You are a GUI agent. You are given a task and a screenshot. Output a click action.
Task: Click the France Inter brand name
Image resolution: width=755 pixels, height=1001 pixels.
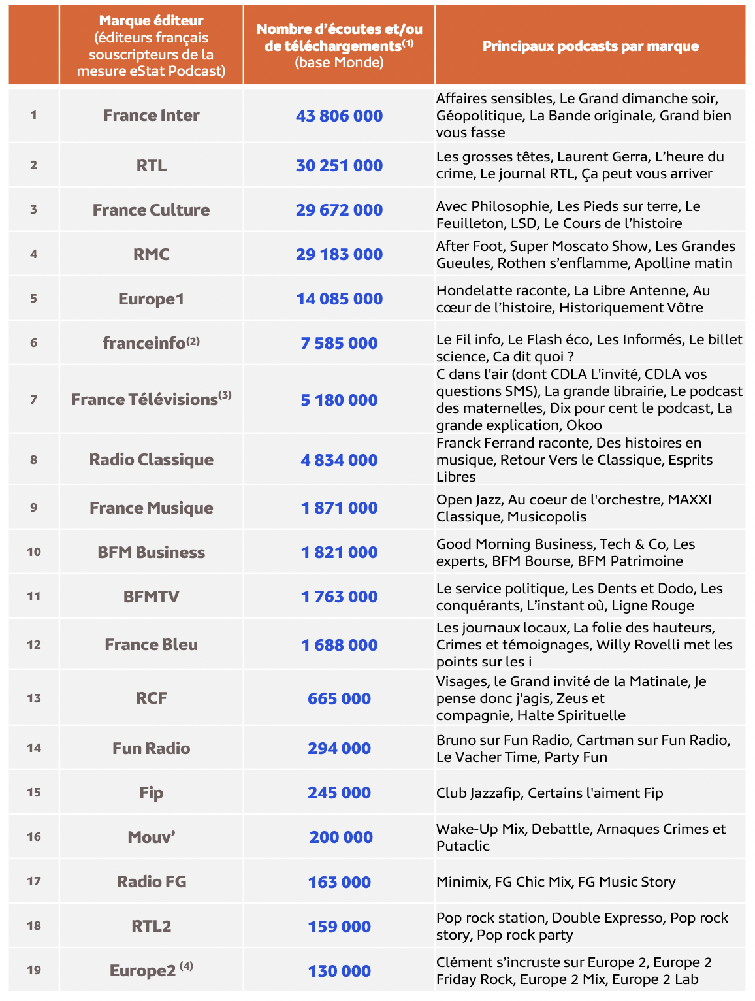151,116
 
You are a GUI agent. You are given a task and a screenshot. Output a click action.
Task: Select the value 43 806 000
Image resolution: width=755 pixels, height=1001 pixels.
339,116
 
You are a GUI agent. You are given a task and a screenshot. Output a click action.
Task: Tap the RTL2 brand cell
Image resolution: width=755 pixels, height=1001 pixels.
151,926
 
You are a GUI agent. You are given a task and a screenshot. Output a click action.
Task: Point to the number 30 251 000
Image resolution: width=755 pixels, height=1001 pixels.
339,166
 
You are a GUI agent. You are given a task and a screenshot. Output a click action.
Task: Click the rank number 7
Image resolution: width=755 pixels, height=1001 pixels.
33,399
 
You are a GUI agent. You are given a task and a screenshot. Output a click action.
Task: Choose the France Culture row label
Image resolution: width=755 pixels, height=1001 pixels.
151,210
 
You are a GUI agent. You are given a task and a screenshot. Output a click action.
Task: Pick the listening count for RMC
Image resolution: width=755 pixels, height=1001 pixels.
339,255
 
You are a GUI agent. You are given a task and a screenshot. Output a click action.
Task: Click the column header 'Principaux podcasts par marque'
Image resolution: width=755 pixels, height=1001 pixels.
590,46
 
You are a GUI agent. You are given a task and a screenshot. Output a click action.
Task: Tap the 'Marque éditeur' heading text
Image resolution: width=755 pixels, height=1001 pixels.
151,21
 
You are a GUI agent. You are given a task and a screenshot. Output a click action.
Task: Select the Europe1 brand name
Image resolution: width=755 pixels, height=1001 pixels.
151,299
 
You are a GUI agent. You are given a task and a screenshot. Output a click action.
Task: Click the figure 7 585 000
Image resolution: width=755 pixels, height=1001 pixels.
339,344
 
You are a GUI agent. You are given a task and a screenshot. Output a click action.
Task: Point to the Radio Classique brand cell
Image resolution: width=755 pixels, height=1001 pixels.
151,460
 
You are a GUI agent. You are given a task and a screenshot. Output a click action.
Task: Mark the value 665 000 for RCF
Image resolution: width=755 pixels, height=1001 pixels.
339,699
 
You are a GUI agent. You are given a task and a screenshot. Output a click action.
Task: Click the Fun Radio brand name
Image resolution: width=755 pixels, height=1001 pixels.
151,749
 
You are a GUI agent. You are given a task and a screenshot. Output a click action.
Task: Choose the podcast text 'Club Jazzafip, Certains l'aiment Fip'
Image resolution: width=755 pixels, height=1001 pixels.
549,793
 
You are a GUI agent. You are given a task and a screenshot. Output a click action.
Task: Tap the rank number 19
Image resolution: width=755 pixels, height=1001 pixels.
33,970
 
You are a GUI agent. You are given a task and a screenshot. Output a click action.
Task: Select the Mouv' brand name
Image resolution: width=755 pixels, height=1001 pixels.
151,838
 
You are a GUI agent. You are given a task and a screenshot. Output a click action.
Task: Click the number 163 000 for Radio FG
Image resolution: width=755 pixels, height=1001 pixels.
339,883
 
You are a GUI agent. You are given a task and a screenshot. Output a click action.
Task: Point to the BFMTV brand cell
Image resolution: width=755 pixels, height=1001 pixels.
151,597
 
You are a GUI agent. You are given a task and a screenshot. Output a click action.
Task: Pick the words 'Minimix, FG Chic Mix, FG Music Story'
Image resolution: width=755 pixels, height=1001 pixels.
556,882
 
